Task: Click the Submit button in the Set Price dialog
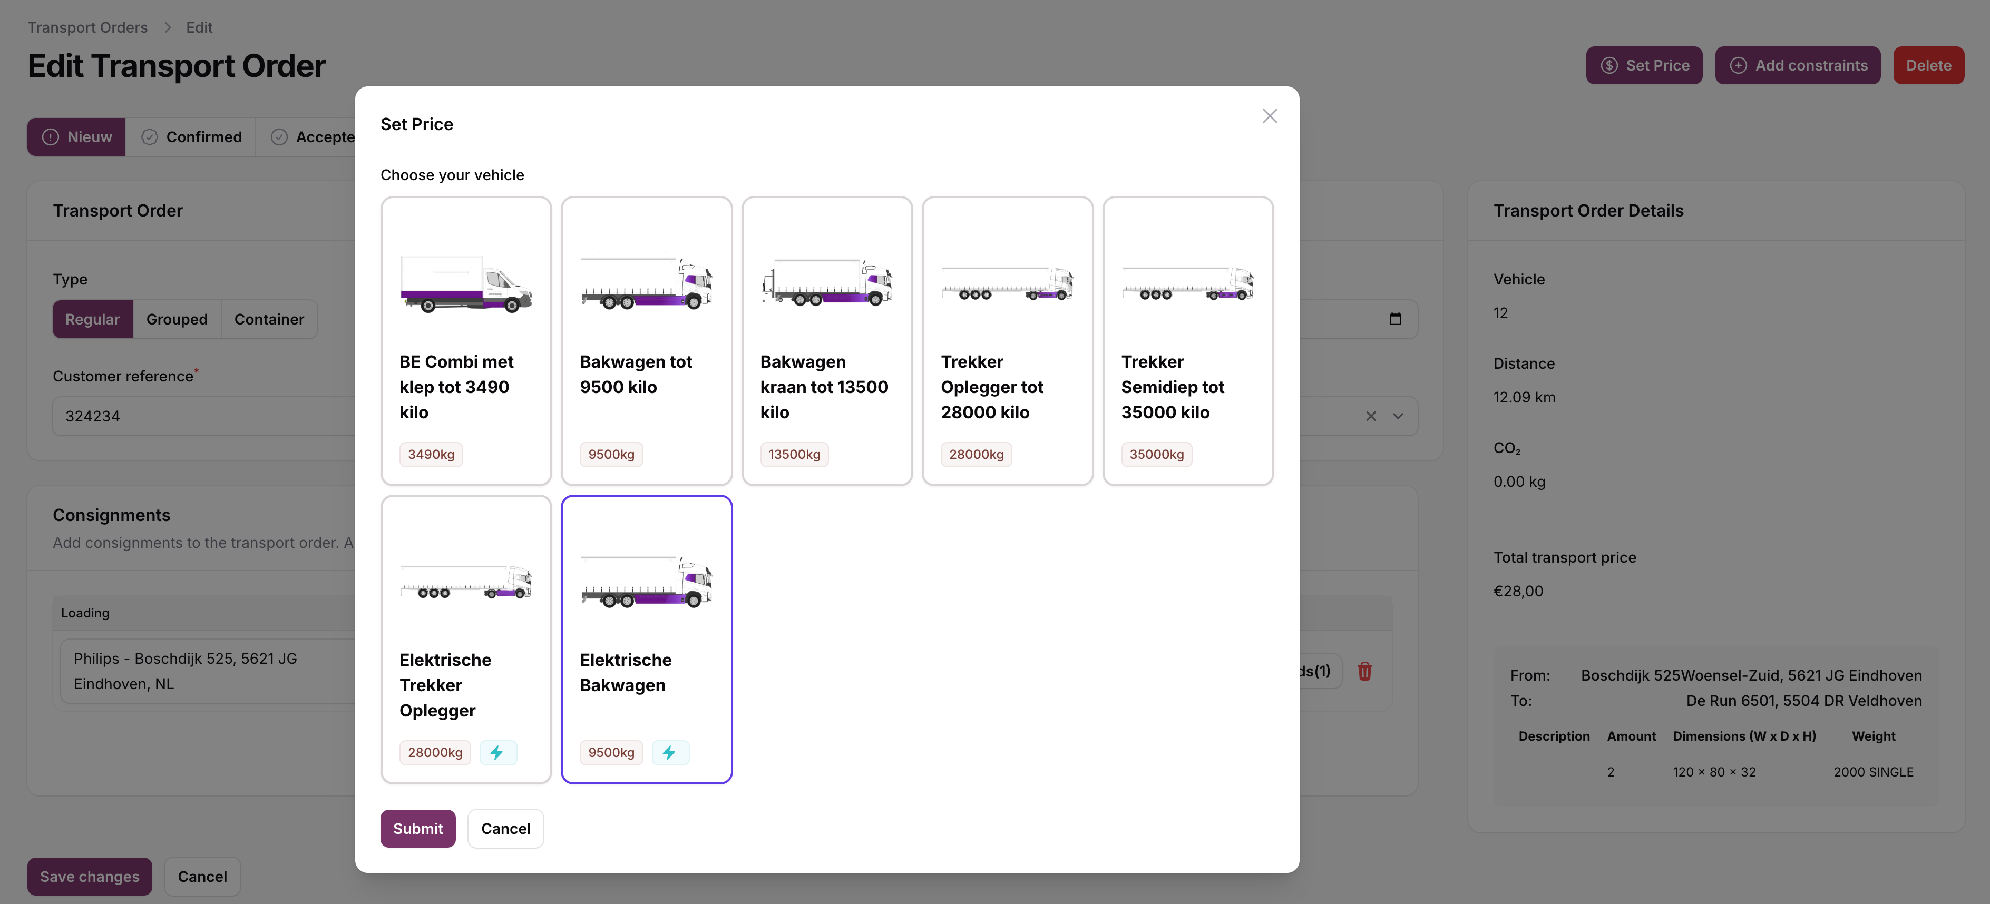point(418,828)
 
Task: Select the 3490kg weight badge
point(431,455)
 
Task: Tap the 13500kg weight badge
point(794,455)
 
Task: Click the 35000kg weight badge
point(1156,455)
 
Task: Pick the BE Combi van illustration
point(466,284)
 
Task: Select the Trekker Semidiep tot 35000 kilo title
point(1173,387)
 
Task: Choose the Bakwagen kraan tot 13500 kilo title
point(824,387)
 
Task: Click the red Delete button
point(1928,66)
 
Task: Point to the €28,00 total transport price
point(1518,592)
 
